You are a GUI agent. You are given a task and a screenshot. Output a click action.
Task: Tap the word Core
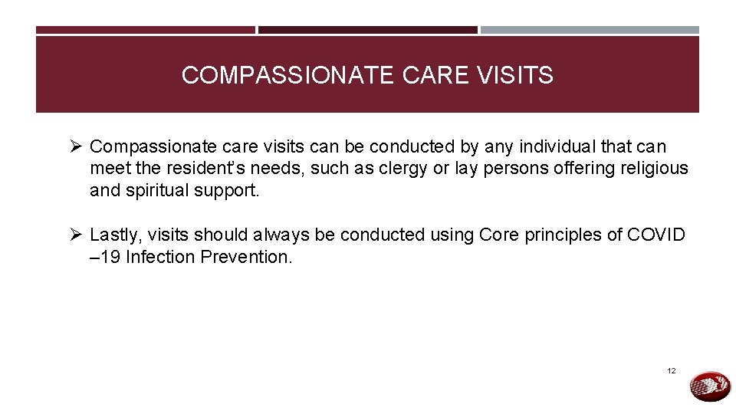coord(499,235)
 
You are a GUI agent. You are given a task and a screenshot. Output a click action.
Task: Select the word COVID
coord(656,235)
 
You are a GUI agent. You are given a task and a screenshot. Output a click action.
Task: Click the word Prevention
coord(246,257)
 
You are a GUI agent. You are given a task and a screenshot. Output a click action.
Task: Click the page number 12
coord(672,371)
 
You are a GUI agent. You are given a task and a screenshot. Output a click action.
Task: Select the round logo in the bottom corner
coord(710,386)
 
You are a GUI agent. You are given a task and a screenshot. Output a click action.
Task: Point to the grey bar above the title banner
coord(590,30)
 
